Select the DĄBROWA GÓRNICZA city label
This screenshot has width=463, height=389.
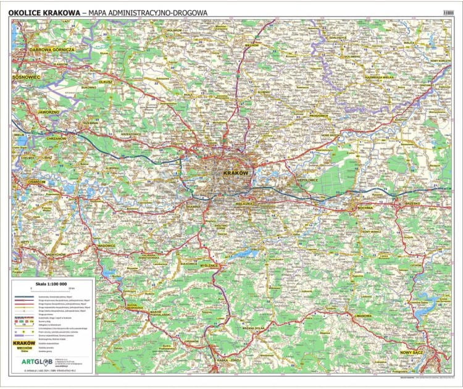pos(51,49)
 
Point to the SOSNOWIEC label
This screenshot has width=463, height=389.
pos(27,77)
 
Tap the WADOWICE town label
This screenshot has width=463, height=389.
pos(107,245)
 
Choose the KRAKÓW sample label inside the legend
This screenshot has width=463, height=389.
pos(24,341)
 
